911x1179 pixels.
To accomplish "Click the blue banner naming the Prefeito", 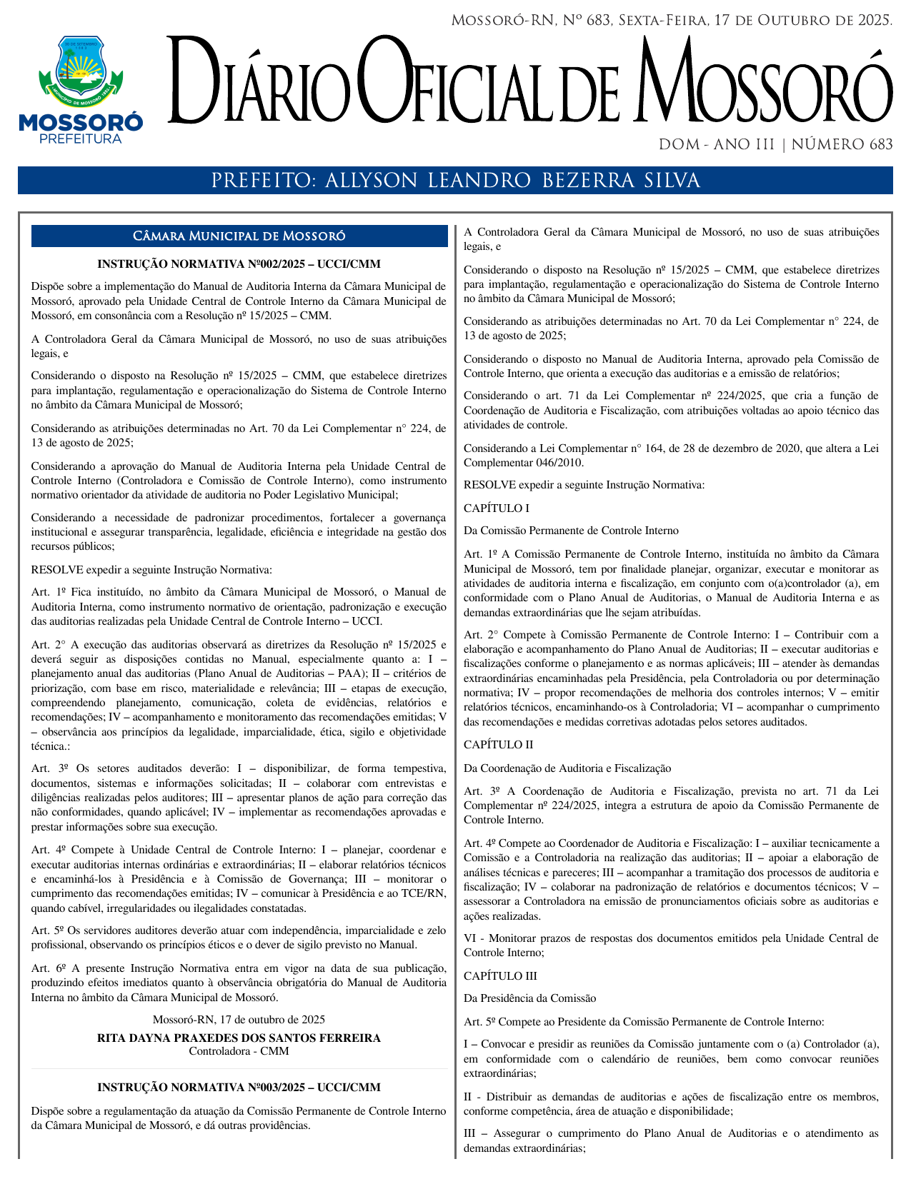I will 455,181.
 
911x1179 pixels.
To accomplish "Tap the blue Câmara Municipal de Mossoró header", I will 239,236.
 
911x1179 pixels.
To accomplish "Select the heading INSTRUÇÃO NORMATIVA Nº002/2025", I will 239,264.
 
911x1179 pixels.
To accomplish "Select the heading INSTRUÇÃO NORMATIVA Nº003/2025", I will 239,1088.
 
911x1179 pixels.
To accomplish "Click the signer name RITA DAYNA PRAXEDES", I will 239,1038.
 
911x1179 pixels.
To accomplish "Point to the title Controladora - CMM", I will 239,1051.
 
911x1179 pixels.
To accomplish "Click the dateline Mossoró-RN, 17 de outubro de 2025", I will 239,1020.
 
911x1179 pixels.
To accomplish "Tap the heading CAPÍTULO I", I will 497,508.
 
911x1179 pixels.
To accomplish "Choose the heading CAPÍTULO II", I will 498,745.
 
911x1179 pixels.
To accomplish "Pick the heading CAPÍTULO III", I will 500,976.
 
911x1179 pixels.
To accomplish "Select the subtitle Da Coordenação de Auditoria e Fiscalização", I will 567,768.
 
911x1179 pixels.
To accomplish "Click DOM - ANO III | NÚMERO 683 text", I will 775,145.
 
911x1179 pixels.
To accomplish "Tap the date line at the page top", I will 672,21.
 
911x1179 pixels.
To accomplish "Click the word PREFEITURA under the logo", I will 81,139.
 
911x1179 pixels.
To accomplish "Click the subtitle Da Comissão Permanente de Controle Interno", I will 571,531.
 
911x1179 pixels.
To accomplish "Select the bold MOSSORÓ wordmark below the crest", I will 81,123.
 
